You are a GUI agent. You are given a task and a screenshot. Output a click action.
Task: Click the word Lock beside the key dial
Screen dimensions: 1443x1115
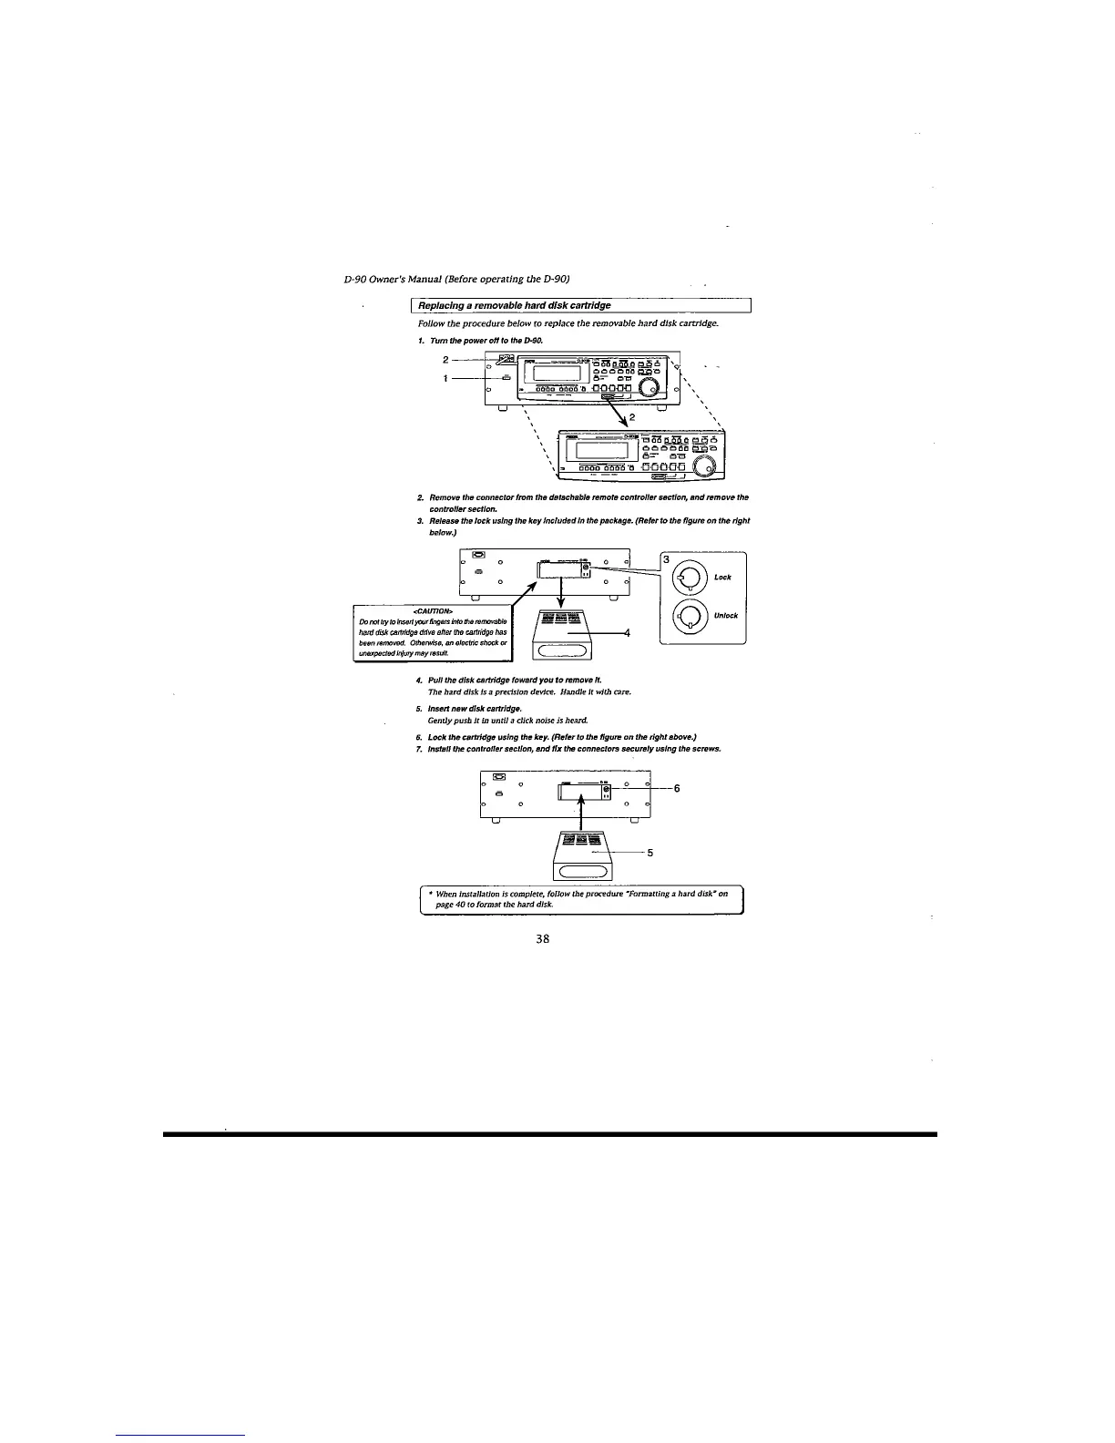[x=722, y=577]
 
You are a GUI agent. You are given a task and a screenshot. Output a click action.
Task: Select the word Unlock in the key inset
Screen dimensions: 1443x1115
[x=726, y=615]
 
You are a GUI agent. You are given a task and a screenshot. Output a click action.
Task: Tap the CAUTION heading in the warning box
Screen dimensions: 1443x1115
[x=433, y=609]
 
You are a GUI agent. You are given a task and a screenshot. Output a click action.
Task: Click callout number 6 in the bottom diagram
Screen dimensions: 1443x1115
[x=677, y=789]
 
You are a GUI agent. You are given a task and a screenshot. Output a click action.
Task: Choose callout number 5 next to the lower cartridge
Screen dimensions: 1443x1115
[x=650, y=853]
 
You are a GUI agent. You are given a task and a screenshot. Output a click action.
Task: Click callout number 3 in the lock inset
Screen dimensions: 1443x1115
[x=666, y=559]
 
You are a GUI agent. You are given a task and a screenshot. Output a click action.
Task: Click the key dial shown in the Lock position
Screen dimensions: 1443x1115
[x=690, y=576]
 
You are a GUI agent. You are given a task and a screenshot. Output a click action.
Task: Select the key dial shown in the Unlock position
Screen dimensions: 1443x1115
[x=690, y=615]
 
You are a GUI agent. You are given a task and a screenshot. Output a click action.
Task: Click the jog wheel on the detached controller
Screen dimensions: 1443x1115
[x=705, y=466]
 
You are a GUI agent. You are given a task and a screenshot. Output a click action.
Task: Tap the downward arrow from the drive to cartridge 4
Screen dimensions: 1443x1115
[x=561, y=593]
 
